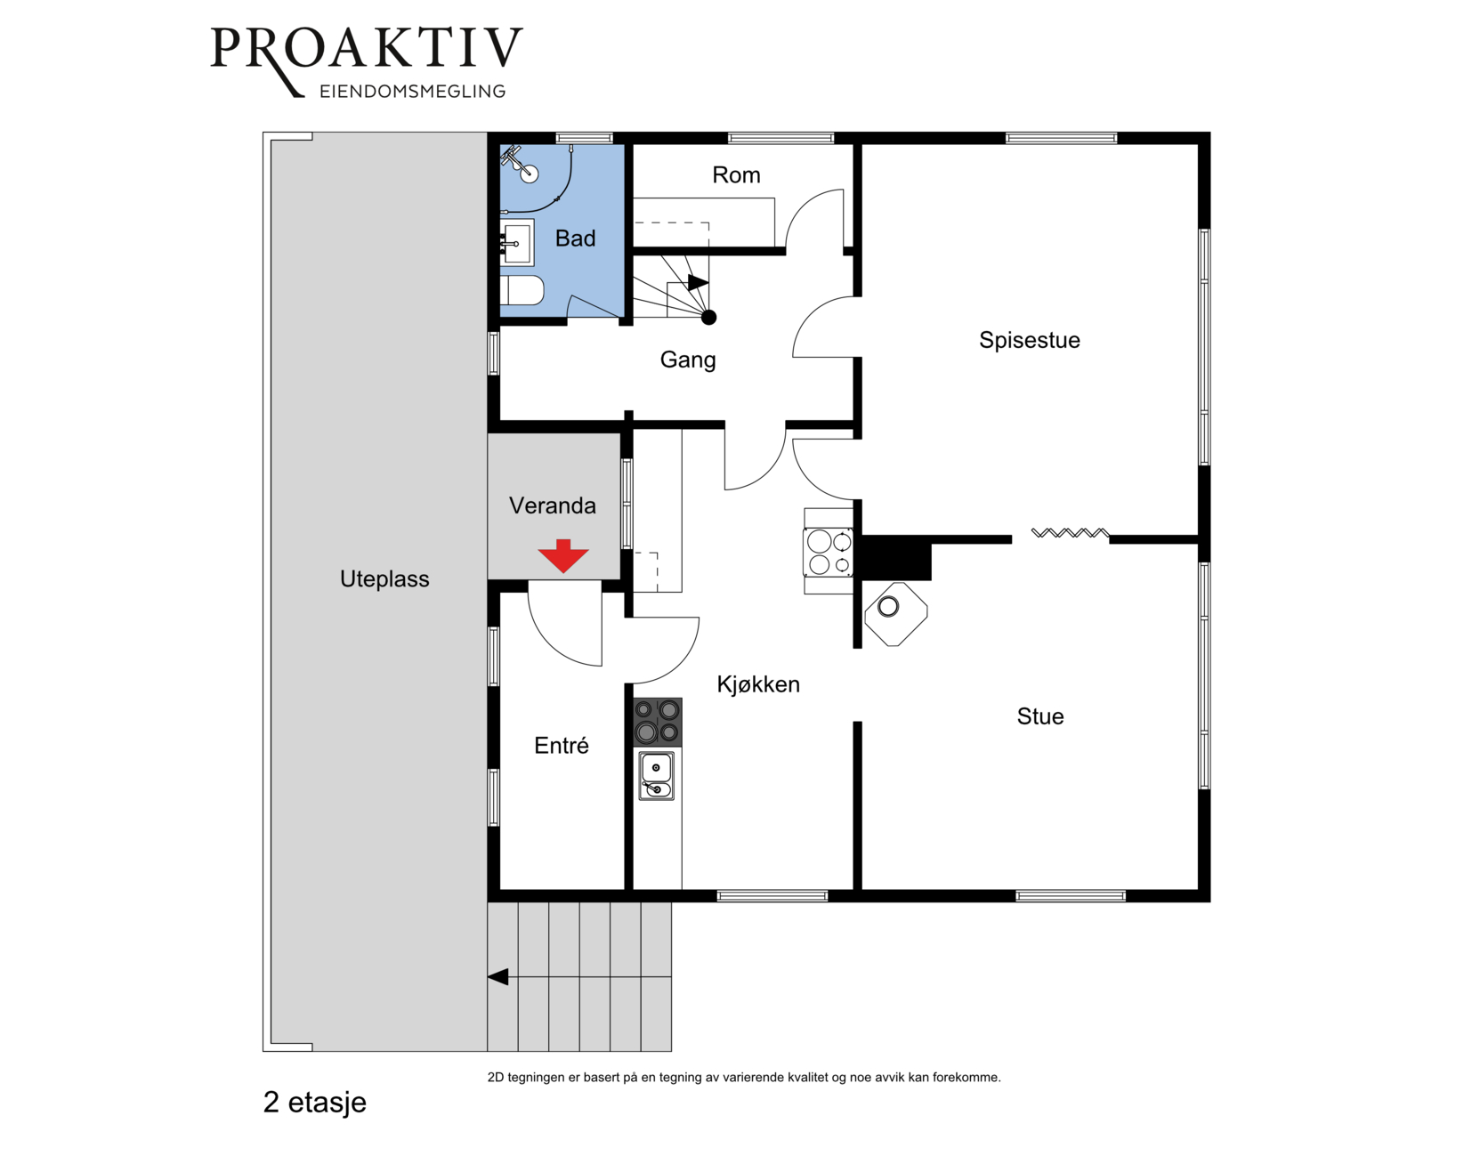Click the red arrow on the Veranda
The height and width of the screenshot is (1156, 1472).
(563, 556)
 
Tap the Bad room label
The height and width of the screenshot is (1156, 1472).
(575, 238)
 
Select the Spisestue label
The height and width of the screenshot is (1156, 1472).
(1029, 340)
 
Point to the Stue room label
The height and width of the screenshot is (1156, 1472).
(1039, 716)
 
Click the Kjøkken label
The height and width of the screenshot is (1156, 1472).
(758, 684)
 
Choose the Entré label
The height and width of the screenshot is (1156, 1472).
(561, 745)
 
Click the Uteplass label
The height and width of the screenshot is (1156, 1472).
(384, 579)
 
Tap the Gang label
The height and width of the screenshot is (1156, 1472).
(688, 360)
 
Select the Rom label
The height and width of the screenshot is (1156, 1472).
(736, 175)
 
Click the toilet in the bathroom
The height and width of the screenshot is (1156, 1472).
(522, 290)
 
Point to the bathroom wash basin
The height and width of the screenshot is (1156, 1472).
(517, 242)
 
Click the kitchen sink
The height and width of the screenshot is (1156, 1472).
(656, 775)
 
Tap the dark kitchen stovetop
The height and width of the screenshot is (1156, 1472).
(657, 722)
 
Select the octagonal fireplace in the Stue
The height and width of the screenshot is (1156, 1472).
(895, 614)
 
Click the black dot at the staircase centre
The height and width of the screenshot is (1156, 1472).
(708, 317)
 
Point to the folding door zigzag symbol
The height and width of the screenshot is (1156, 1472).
(1070, 533)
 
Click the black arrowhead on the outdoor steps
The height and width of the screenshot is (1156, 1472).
(497, 976)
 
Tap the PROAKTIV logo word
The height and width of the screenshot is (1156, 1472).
(367, 49)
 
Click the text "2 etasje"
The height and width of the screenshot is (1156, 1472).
(314, 1103)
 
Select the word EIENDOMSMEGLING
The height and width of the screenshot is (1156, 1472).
(413, 92)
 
